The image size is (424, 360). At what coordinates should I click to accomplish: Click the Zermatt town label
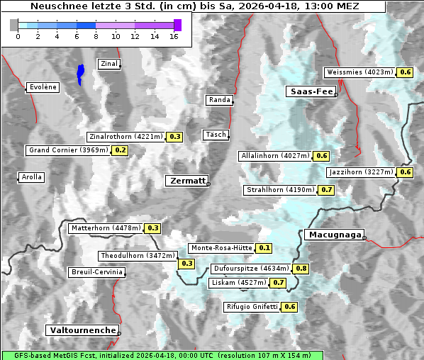(x=186, y=181)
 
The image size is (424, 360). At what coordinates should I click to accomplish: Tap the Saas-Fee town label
(x=311, y=91)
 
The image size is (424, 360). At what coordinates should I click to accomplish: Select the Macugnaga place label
(x=333, y=235)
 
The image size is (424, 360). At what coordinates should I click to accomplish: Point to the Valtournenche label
(x=82, y=330)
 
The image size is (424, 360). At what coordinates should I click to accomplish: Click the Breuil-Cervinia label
(x=96, y=272)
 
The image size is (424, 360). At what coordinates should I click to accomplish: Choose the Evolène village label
(x=43, y=87)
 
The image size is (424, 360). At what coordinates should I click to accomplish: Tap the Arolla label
(x=31, y=177)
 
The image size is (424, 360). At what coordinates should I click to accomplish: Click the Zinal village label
(x=108, y=64)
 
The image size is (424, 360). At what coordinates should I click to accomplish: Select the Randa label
(x=219, y=100)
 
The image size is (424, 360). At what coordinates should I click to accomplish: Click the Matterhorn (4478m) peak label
(x=106, y=228)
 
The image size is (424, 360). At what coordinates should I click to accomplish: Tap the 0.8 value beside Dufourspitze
(x=301, y=269)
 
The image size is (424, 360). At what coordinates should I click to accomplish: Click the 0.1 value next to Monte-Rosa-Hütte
(x=264, y=248)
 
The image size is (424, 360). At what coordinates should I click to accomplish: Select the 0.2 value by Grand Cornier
(x=120, y=150)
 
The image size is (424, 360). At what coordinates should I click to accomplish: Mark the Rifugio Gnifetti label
(x=252, y=307)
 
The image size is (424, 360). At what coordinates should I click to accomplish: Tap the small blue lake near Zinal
(x=81, y=73)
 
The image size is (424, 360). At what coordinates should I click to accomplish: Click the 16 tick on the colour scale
(x=174, y=36)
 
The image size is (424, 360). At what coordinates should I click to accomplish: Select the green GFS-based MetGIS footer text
(x=161, y=355)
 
